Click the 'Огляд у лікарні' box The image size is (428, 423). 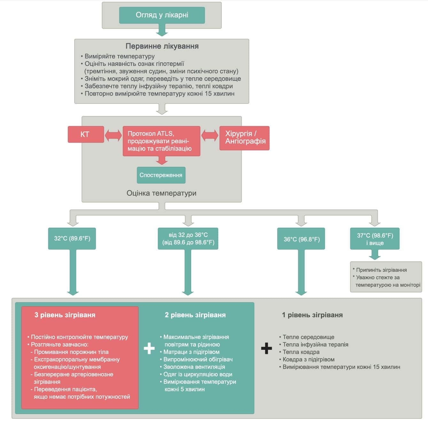pyautogui.click(x=162, y=15)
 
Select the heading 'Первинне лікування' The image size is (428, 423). pyautogui.click(x=162, y=46)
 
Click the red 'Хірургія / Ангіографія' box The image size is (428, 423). pyautogui.click(x=245, y=138)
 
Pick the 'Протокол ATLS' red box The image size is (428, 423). pyautogui.click(x=161, y=141)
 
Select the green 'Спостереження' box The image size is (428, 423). pyautogui.click(x=161, y=175)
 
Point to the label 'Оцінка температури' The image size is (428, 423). pyautogui.click(x=161, y=193)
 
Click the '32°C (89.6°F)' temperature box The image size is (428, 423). pyautogui.click(x=72, y=239)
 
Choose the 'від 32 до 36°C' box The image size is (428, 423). pyautogui.click(x=188, y=239)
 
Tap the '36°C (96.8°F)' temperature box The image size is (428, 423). pyautogui.click(x=301, y=239)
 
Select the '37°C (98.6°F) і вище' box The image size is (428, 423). pyautogui.click(x=375, y=239)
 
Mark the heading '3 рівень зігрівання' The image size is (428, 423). pyautogui.click(x=65, y=315)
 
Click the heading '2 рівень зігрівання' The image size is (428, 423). pyautogui.click(x=195, y=315)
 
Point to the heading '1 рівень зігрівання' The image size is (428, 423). pyautogui.click(x=312, y=315)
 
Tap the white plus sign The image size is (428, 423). pyautogui.click(x=149, y=349)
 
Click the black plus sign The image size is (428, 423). pyautogui.click(x=266, y=348)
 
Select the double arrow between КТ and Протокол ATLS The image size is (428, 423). pyautogui.click(x=113, y=135)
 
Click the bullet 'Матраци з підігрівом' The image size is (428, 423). pyautogui.click(x=191, y=352)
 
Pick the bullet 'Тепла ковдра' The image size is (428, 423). pyautogui.click(x=301, y=352)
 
